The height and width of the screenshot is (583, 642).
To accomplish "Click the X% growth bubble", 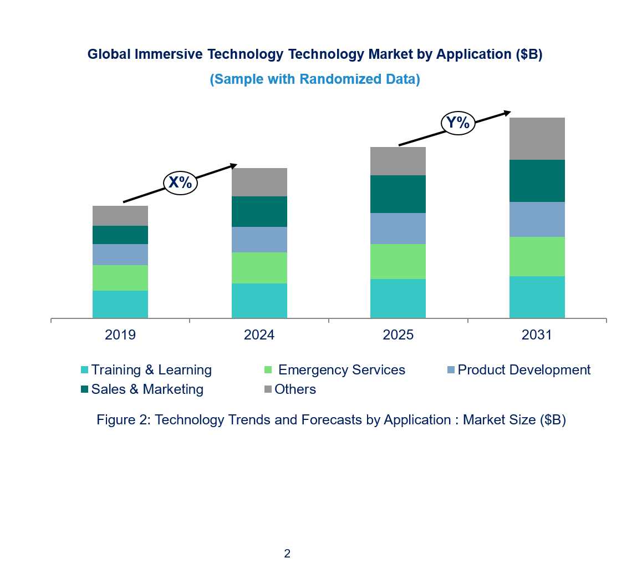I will point(180,182).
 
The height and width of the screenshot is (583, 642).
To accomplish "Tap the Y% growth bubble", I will point(458,123).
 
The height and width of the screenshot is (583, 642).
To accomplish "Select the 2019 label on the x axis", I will point(120,335).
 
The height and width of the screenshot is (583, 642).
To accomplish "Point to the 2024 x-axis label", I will point(259,335).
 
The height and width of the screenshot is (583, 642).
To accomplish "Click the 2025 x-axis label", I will point(398,335).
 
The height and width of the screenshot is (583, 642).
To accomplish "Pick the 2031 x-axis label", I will point(537,335).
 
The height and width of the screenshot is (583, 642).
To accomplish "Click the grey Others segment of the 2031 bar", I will point(537,139).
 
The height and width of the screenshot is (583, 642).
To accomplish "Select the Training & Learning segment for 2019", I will point(120,304).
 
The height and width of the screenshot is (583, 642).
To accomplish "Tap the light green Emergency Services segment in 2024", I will point(259,268).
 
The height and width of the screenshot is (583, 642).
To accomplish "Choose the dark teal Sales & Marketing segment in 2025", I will point(398,194).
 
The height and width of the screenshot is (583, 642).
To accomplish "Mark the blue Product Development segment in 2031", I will point(537,219).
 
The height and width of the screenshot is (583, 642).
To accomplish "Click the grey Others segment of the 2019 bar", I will point(120,216).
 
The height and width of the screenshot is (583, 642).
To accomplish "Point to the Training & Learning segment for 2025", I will point(398,298).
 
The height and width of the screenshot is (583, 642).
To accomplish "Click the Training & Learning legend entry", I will point(146,370).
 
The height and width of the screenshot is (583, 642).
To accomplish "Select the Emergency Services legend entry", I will point(335,370).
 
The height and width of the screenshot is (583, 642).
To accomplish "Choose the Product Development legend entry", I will point(518,370).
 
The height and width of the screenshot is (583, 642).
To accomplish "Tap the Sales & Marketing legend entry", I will point(142,389).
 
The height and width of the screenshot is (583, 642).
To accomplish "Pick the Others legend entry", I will point(289,389).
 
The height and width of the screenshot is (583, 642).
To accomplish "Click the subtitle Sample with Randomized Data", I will point(315,79).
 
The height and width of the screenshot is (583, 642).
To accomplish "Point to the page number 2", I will point(287,553).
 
